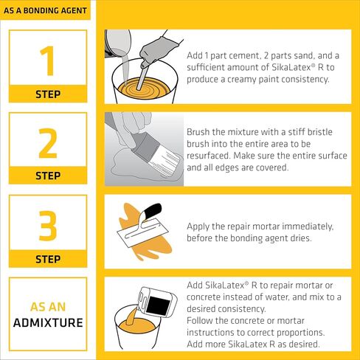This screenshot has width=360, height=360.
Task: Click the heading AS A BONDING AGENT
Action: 46,12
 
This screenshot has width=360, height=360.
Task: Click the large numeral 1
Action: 47,61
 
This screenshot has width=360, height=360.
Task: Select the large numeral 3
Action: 47,226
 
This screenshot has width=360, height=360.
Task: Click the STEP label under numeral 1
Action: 47,94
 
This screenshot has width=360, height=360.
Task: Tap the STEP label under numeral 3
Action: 47,260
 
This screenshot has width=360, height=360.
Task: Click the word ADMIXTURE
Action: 47,322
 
